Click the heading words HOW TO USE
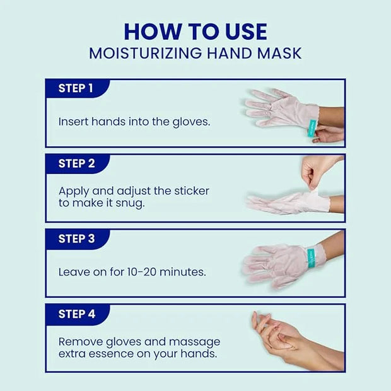(x=195, y=32)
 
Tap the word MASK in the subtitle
(x=279, y=53)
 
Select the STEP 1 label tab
(x=78, y=88)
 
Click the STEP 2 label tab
(x=78, y=164)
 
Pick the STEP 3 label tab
(x=78, y=239)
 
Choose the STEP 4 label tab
(x=78, y=314)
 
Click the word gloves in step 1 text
(x=191, y=122)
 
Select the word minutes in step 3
(x=182, y=272)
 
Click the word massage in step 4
(x=194, y=342)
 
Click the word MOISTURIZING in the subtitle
(x=146, y=53)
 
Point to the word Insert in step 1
(x=74, y=122)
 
